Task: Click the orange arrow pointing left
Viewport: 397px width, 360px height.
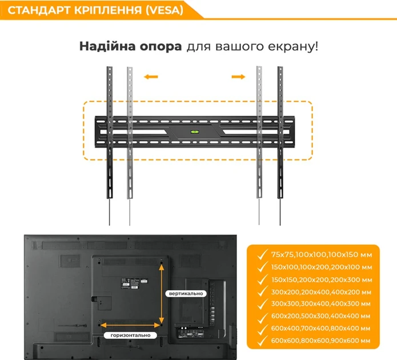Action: coord(150,76)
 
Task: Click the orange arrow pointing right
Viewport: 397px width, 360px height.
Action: coord(239,76)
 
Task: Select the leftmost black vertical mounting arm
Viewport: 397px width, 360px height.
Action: coord(108,137)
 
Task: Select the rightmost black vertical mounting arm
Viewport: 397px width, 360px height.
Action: coord(280,137)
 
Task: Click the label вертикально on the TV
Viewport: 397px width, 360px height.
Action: coord(186,293)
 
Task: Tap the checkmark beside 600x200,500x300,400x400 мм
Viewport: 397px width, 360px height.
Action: coord(262,316)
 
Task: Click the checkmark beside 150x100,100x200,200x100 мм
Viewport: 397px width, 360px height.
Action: coord(262,267)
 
